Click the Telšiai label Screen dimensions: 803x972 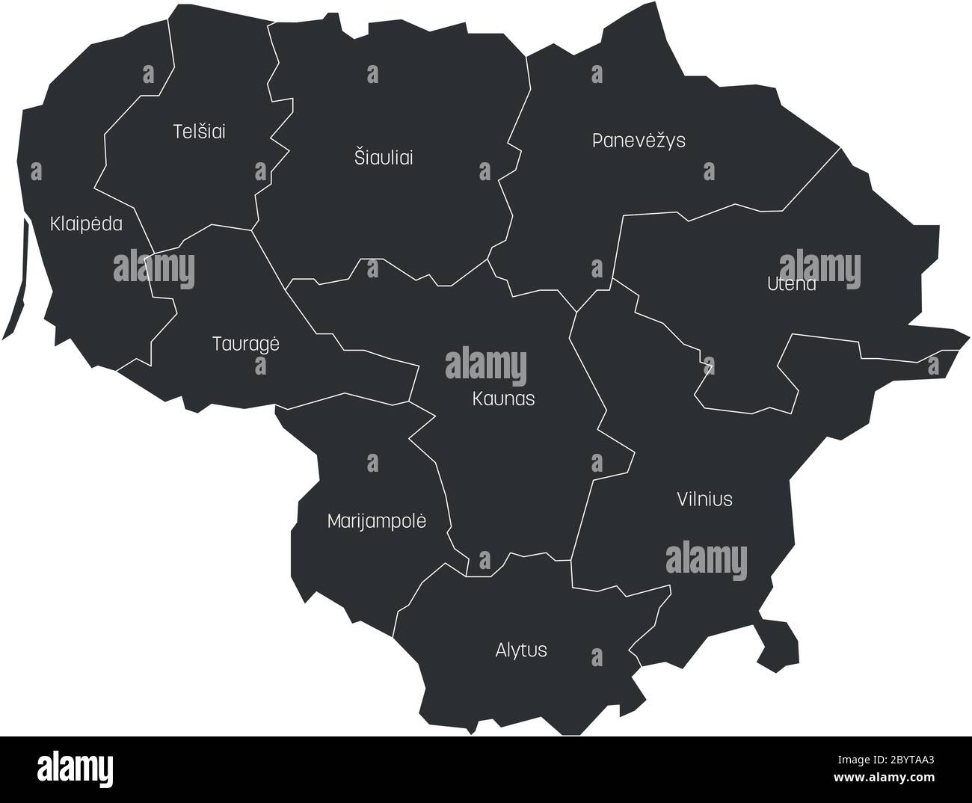[199, 132]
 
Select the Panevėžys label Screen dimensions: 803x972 [638, 140]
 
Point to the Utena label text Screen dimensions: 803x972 [791, 284]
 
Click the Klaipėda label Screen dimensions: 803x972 [86, 224]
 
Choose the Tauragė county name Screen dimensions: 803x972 [245, 344]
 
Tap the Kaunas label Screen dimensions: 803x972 [503, 399]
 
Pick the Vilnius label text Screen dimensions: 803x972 [704, 499]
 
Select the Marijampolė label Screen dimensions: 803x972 [376, 521]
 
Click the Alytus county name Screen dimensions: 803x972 [520, 650]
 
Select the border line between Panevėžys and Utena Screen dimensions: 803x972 [811, 180]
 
